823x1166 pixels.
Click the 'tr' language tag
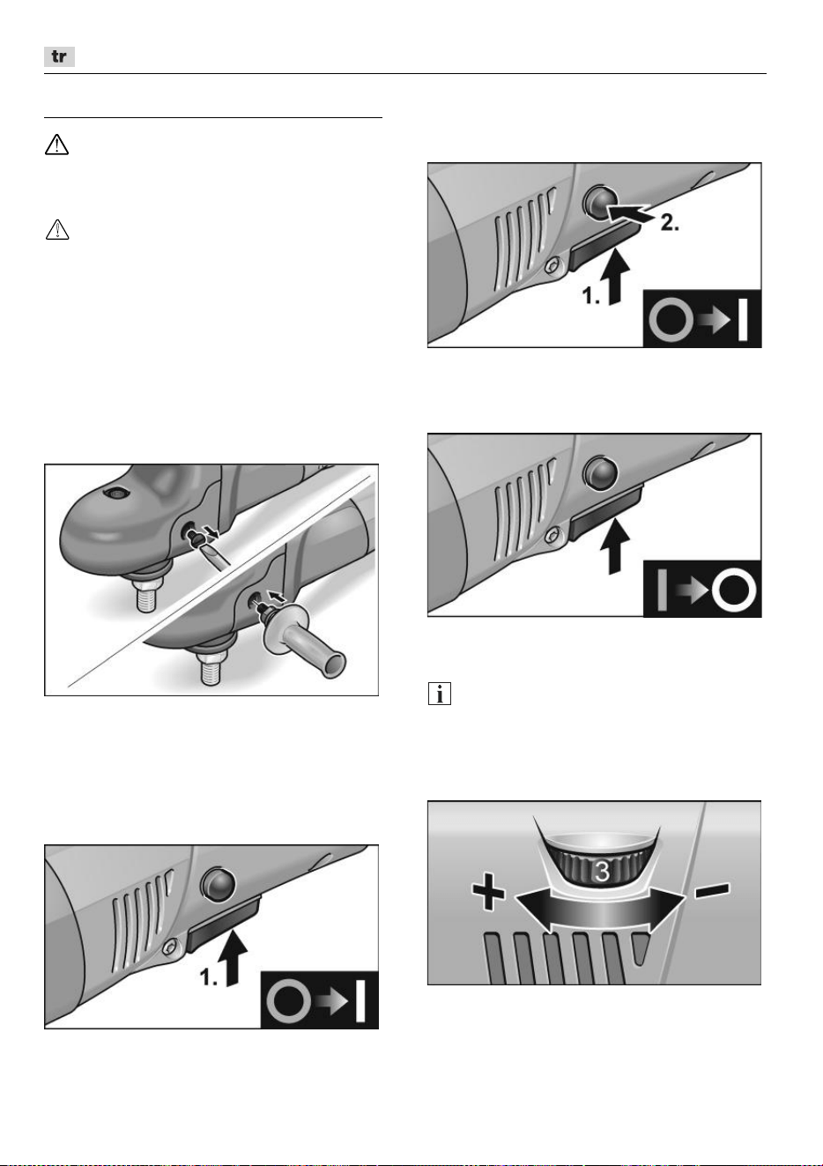pos(59,56)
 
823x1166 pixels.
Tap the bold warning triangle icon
pos(56,145)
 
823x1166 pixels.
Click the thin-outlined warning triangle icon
pos(56,229)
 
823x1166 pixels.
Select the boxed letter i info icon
pos(440,694)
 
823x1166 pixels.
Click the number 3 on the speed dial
pos(602,871)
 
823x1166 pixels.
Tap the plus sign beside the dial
pos(488,894)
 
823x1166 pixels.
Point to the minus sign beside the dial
pos(712,890)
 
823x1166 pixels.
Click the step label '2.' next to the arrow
pos(669,223)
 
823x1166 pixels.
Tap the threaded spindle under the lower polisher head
pos(211,672)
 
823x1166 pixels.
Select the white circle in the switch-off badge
pos(734,592)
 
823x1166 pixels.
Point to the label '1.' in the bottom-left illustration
pos(209,978)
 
